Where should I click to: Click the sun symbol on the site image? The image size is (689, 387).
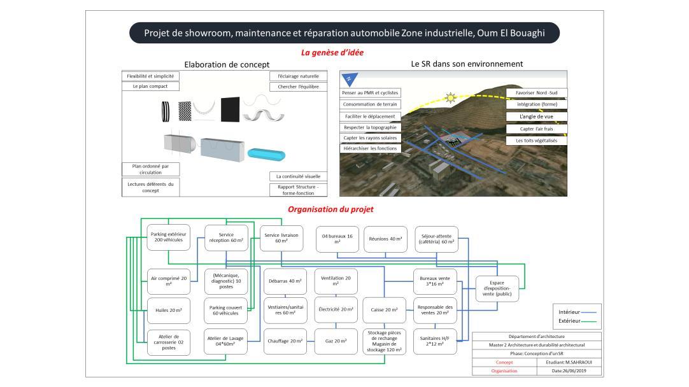pyautogui.click(x=451, y=97)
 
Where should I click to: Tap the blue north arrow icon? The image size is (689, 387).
pyautogui.click(x=350, y=80)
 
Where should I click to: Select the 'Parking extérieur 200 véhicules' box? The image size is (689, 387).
pyautogui.click(x=167, y=237)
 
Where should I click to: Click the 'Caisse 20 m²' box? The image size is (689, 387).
pyautogui.click(x=384, y=309)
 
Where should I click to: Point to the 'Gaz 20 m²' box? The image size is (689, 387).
pyautogui.click(x=336, y=341)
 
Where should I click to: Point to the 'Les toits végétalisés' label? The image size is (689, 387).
pyautogui.click(x=536, y=140)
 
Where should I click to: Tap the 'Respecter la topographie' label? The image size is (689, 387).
pyautogui.click(x=369, y=127)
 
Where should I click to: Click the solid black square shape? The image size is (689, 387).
pyautogui.click(x=231, y=109)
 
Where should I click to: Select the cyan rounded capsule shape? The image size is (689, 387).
pyautogui.click(x=267, y=154)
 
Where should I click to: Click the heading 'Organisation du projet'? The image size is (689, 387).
pyautogui.click(x=330, y=209)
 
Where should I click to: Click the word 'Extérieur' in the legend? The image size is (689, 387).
pyautogui.click(x=569, y=321)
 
